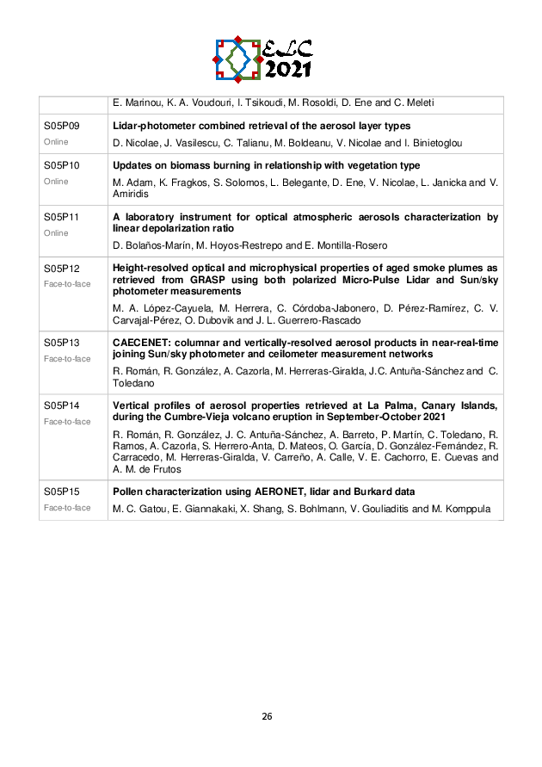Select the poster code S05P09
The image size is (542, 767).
point(61,126)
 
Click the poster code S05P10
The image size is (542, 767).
point(61,165)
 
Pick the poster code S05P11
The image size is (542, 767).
point(61,217)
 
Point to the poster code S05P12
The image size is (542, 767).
point(61,269)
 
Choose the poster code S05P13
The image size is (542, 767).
point(61,342)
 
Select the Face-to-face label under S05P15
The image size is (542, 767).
point(67,508)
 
